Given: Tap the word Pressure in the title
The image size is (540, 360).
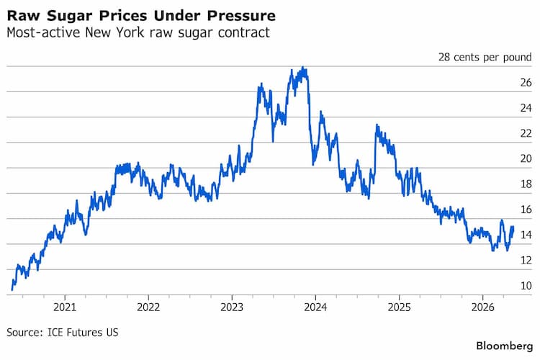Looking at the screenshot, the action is (241, 16).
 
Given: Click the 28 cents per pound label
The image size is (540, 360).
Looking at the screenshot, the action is (485, 57).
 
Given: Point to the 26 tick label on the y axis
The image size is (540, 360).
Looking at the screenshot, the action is (526, 83).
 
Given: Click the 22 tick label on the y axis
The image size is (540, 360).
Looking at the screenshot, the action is (526, 133).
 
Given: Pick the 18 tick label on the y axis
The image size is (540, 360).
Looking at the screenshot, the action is (526, 184).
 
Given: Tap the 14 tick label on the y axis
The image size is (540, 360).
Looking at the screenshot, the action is (526, 235).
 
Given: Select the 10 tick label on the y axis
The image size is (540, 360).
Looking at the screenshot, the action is (526, 286).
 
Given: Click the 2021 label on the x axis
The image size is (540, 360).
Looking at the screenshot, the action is (65, 307).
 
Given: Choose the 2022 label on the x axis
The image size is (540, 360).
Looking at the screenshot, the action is (148, 307).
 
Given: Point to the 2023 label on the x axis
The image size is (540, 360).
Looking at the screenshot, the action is (232, 307).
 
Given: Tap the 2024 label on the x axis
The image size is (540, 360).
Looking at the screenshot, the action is (315, 307).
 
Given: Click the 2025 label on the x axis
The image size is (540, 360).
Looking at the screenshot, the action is (399, 307).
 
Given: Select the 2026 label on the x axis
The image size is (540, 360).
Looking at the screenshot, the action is (483, 307).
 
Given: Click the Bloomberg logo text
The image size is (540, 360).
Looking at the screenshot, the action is (505, 346).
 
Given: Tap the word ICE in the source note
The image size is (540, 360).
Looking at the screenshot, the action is (55, 333).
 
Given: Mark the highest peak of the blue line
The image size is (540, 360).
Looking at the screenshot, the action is (302, 67).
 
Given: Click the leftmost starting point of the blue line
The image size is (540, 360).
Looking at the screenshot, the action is (12, 289).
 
